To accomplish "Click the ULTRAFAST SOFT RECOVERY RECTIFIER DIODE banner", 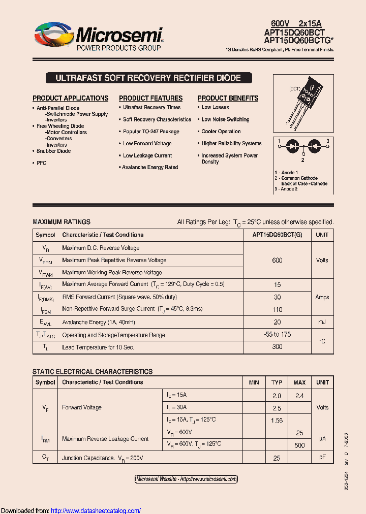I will pyautogui.click(x=148, y=78).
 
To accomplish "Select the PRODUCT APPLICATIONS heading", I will pyautogui.click(x=70, y=98).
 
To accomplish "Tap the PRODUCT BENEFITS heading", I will pyautogui.click(x=228, y=98).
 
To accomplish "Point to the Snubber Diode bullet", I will pyautogui.click(x=53, y=151).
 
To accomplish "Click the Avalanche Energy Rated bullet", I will pyautogui.click(x=150, y=167).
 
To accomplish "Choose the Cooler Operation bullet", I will pyautogui.click(x=221, y=132).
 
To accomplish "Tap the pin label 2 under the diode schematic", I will pyautogui.click(x=302, y=159).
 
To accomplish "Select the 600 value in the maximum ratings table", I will pyautogui.click(x=277, y=260).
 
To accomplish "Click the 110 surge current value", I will pyautogui.click(x=277, y=309).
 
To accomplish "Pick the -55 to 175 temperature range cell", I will pyautogui.click(x=277, y=335).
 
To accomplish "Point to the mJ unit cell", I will pyautogui.click(x=322, y=322).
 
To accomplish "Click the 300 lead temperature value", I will pyautogui.click(x=277, y=347).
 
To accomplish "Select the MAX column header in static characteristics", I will pyautogui.click(x=299, y=382).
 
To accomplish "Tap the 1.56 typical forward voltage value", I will pyautogui.click(x=277, y=421).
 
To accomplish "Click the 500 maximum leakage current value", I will pyautogui.click(x=299, y=445).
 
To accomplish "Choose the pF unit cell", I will pyautogui.click(x=322, y=458).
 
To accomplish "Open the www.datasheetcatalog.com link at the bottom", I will pyautogui.click(x=96, y=510).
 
